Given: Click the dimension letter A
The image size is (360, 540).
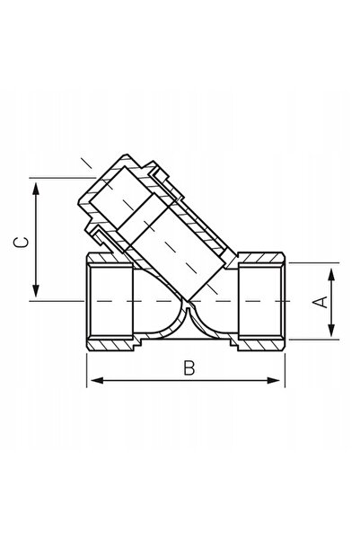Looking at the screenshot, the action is [320, 302].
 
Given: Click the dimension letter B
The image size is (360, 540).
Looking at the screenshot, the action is [189, 368].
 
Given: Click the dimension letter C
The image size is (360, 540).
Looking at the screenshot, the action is [21, 243].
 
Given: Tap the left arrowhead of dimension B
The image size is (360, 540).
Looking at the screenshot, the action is [97, 381].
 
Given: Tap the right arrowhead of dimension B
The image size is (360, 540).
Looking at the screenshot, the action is [274, 381].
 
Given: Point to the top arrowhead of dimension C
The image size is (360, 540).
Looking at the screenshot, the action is [36, 190].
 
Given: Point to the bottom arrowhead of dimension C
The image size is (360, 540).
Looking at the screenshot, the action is [36, 290].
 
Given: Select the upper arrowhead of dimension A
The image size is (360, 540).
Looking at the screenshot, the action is [331, 276].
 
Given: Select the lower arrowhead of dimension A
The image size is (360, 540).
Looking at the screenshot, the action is [331, 329].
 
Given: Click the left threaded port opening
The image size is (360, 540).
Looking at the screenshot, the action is [110, 301].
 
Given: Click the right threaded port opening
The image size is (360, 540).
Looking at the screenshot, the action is [260, 301].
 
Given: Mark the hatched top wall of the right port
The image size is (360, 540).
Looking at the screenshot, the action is [260, 257].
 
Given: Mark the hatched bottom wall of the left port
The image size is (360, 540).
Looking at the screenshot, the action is [110, 345].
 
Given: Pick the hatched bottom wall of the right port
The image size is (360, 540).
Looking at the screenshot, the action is [260, 345].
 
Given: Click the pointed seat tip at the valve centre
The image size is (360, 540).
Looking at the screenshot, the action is [188, 305].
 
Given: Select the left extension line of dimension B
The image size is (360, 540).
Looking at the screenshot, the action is [87, 369].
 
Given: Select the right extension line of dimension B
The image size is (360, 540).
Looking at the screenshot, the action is [285, 369].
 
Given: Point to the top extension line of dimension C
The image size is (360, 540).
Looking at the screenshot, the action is [62, 178].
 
